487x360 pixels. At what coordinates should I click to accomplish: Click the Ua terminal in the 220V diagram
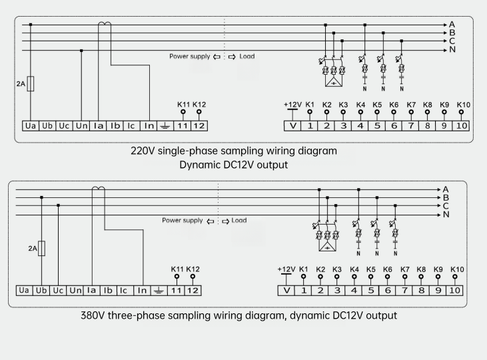point(31,126)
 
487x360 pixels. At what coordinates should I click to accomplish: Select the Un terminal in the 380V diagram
point(75,291)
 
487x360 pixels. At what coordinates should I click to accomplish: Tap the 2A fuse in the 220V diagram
point(31,83)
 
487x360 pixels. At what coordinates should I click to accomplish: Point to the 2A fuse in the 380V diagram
point(41,249)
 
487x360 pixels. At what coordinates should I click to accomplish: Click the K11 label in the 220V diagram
point(184,105)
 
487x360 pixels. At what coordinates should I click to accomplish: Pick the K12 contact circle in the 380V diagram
point(193,277)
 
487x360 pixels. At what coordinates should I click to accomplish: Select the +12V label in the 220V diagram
point(292,105)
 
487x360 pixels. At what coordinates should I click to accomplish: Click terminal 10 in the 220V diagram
point(461,126)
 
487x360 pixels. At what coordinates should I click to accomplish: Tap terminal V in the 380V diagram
point(286,291)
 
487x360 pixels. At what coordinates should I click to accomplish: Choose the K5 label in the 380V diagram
point(371,269)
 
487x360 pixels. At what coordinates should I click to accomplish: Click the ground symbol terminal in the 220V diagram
point(165,126)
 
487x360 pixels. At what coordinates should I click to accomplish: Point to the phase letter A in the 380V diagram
point(446,189)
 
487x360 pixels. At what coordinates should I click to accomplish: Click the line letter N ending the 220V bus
point(452,49)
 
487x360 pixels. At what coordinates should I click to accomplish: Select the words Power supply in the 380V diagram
point(183,221)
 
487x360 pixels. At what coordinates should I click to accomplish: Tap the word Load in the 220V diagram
point(247,56)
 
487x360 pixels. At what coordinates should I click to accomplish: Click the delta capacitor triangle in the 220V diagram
point(334,82)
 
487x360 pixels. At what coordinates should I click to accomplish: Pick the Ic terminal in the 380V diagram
point(123,291)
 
